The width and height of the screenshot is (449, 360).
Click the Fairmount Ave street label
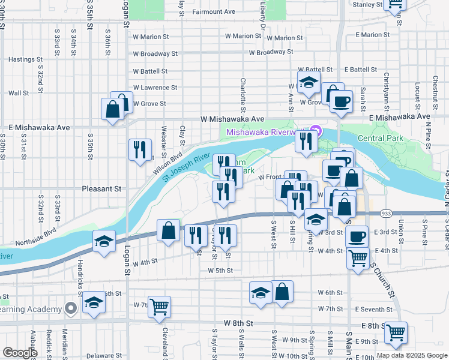click(x=213, y=11)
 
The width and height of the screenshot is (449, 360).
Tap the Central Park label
click(x=381, y=139)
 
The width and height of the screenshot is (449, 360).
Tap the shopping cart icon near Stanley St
click(x=396, y=3)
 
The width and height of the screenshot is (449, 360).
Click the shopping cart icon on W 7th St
click(x=160, y=307)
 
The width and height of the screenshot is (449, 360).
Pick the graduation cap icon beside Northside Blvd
click(x=104, y=241)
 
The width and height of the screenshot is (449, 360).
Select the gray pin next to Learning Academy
click(x=71, y=308)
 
